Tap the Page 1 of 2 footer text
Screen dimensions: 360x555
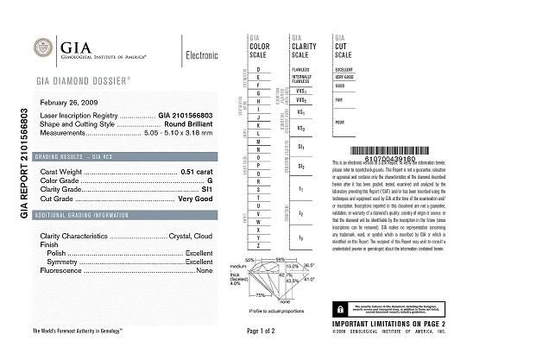point(260,331)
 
